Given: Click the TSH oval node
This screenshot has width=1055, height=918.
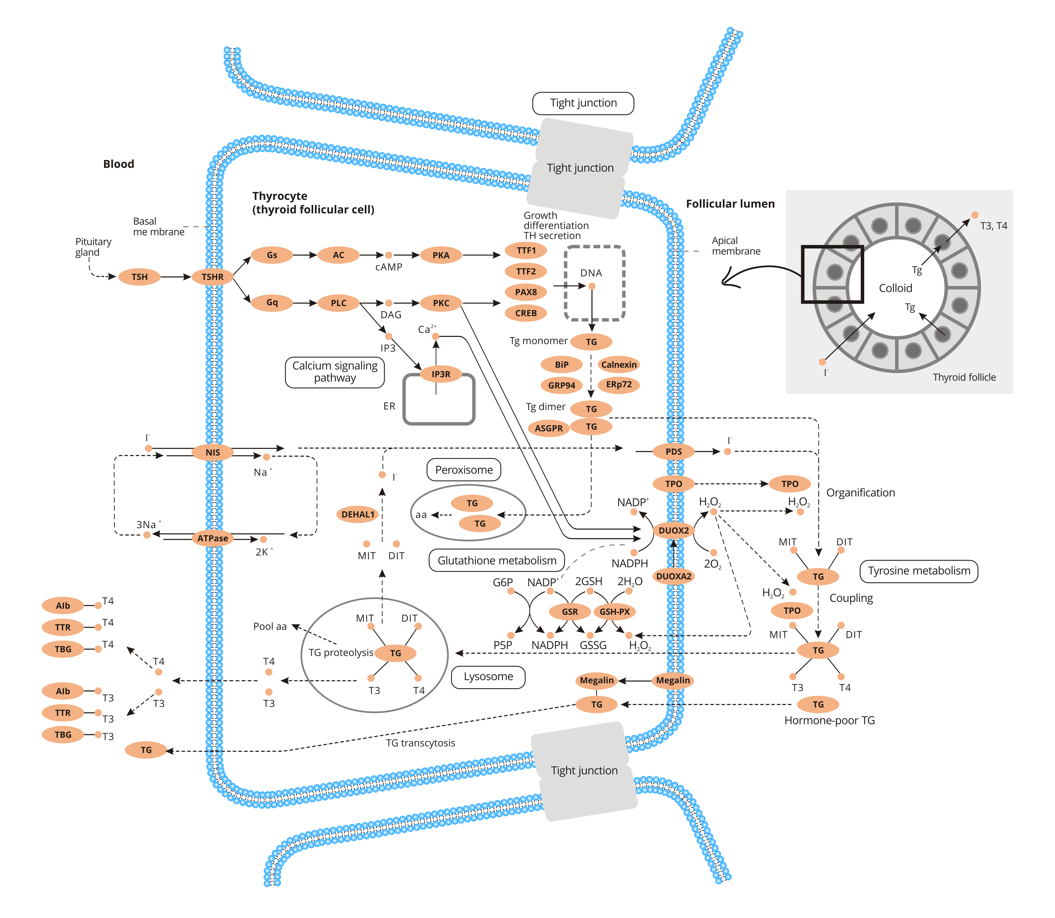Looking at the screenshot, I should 139,277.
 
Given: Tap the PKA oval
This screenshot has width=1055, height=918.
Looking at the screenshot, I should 441,255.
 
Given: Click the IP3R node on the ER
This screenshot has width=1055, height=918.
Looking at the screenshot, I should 441,374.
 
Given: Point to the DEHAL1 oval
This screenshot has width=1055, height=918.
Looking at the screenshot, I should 358,514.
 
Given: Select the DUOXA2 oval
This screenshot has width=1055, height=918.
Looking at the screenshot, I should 673,576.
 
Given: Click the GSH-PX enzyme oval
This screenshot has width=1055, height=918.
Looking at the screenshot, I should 615,612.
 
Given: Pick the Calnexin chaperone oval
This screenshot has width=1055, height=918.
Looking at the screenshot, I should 619,365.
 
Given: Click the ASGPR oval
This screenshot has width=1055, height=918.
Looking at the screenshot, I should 548,428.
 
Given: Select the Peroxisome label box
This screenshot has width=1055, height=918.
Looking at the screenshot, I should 464,470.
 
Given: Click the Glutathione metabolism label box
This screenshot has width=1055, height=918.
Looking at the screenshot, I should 497,560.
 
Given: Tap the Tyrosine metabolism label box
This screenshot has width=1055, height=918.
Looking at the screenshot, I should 919,571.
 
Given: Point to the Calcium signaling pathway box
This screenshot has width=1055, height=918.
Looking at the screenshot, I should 335,372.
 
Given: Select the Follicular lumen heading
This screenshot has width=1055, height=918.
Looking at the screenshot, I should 730,204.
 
